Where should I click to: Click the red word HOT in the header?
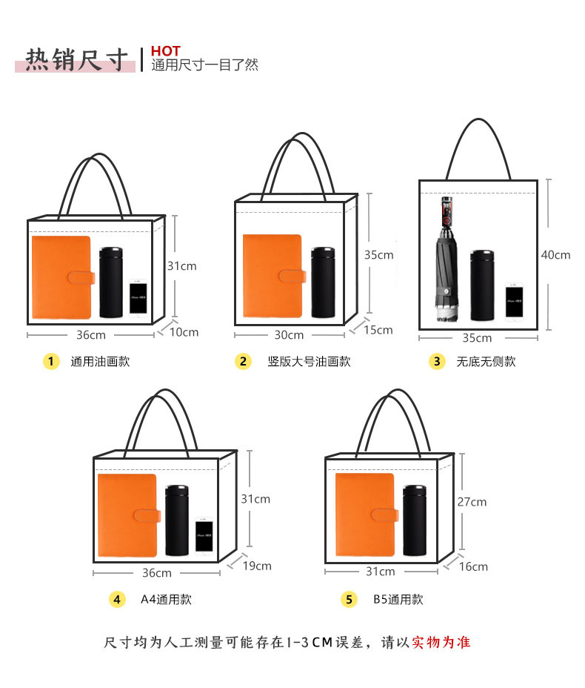[x=165, y=51]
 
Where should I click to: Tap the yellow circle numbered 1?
[x=50, y=362]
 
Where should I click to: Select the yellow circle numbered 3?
[x=437, y=362]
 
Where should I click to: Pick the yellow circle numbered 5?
[x=349, y=600]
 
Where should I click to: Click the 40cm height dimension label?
[x=555, y=255]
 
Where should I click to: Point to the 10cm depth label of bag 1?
[x=184, y=332]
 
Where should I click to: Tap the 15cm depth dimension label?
[x=378, y=330]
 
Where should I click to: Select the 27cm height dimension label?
[x=472, y=502]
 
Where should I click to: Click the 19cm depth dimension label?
[x=257, y=566]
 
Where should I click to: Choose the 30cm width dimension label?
[x=289, y=335]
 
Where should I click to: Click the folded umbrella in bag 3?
[x=447, y=259]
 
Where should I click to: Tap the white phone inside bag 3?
[x=515, y=301]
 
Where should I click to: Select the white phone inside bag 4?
[x=204, y=537]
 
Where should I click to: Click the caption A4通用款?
[x=167, y=600]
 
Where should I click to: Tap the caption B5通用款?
[x=398, y=600]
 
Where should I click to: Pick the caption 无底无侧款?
[x=486, y=362]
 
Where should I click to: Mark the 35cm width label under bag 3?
[x=477, y=338]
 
